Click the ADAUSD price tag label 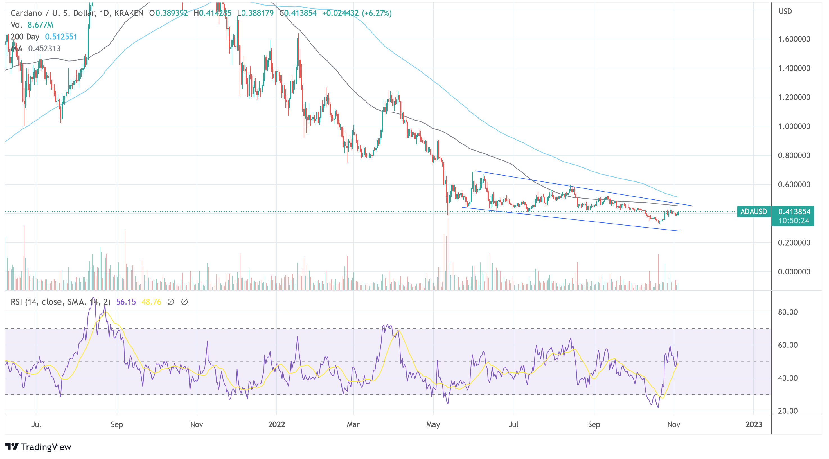pyautogui.click(x=753, y=212)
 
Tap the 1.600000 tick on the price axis pyautogui.click(x=794, y=39)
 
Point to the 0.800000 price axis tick pyautogui.click(x=794, y=156)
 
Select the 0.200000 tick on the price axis pyautogui.click(x=794, y=243)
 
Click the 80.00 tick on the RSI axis pyautogui.click(x=787, y=312)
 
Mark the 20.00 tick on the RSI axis pyautogui.click(x=787, y=411)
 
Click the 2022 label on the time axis pyautogui.click(x=276, y=425)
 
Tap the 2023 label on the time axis pyautogui.click(x=753, y=425)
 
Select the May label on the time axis pyautogui.click(x=433, y=425)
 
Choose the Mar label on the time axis pyautogui.click(x=353, y=425)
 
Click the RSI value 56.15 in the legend pyautogui.click(x=126, y=302)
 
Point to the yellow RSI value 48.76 pyautogui.click(x=151, y=302)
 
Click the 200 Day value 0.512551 pyautogui.click(x=61, y=37)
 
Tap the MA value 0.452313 pyautogui.click(x=44, y=49)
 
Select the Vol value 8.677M pyautogui.click(x=40, y=25)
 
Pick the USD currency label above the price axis pyautogui.click(x=785, y=12)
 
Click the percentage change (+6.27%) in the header pyautogui.click(x=377, y=13)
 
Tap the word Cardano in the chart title pyautogui.click(x=26, y=13)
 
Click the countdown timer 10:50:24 pyautogui.click(x=793, y=221)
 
